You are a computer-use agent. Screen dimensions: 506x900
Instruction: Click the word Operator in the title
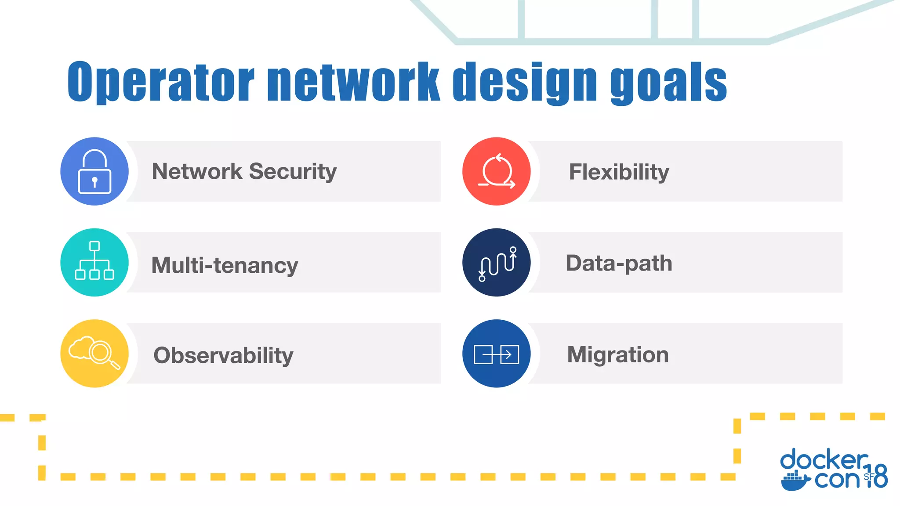161,82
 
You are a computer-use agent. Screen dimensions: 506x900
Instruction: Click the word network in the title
353,82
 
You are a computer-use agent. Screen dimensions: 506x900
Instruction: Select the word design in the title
525,82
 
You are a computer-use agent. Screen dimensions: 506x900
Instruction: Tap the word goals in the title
668,82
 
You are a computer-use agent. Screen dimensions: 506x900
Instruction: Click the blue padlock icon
94,171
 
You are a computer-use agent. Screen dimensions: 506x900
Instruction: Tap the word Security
293,171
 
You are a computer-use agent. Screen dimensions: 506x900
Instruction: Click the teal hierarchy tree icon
94,262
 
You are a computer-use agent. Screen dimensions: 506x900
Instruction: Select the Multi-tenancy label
225,265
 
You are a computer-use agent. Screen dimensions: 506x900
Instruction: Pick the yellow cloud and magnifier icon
94,353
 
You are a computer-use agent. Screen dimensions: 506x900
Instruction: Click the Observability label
223,355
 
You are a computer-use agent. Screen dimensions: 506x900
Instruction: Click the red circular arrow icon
497,171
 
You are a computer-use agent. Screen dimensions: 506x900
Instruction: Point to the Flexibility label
619,172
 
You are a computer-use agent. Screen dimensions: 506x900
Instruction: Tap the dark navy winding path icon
497,262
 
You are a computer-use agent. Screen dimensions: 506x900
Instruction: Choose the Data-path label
619,263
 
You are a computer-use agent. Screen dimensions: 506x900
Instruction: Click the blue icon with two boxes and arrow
497,354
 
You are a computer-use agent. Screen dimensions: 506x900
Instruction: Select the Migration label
618,354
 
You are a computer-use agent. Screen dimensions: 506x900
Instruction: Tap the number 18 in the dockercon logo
877,476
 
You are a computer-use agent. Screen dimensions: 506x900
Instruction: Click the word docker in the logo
824,460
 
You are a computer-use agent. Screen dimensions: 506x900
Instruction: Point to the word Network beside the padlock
196,171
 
